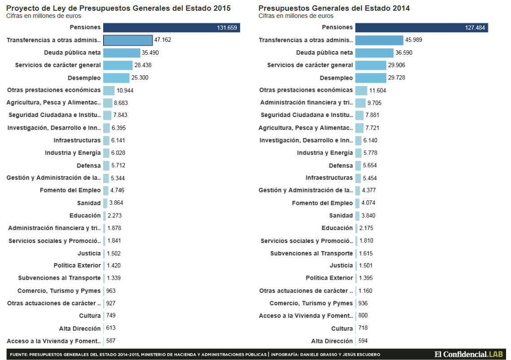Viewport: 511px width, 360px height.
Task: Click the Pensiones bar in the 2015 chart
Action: [x=171, y=28]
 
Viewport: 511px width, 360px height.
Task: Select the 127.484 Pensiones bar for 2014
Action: [x=422, y=28]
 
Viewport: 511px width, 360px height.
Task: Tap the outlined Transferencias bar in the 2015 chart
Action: [x=128, y=40]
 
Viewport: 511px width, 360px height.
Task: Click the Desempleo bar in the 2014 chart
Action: [x=371, y=78]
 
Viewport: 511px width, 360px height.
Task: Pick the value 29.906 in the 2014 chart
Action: [x=397, y=65]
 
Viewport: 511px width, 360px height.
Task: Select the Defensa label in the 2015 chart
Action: [x=89, y=165]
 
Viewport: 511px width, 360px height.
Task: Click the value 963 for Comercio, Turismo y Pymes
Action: [x=111, y=291]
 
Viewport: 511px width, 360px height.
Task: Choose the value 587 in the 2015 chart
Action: [x=111, y=341]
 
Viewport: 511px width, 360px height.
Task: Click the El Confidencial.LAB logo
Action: [x=467, y=354]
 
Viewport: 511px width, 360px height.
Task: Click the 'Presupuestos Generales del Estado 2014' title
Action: [x=334, y=8]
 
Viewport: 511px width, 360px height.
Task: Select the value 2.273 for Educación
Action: [x=114, y=216]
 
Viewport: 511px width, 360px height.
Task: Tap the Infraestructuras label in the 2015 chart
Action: [x=77, y=140]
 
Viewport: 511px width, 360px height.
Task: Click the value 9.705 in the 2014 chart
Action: [x=374, y=103]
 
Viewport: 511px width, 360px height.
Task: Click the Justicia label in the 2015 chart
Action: [x=89, y=253]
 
